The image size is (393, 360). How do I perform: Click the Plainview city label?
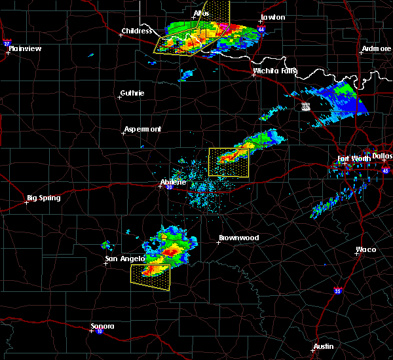pyautogui.click(x=25, y=48)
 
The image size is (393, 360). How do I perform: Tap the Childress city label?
pyautogui.click(x=136, y=31)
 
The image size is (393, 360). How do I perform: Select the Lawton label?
pyautogui.click(x=273, y=17)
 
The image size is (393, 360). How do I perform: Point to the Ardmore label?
pyautogui.click(x=376, y=49)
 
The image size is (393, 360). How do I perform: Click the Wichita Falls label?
pyautogui.click(x=274, y=71)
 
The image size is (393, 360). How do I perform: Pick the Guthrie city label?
pyautogui.click(x=132, y=93)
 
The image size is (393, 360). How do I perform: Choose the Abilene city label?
pyautogui.click(x=174, y=183)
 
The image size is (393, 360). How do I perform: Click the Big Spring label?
pyautogui.click(x=43, y=198)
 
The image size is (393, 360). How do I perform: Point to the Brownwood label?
pyautogui.click(x=238, y=238)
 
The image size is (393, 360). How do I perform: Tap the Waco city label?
pyautogui.click(x=365, y=249)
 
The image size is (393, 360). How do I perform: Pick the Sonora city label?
pyautogui.click(x=102, y=326)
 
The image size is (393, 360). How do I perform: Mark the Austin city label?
pyautogui.click(x=323, y=346)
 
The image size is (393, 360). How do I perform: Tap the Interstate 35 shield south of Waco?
pyautogui.click(x=338, y=290)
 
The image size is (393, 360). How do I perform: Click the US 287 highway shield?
pyautogui.click(x=306, y=106)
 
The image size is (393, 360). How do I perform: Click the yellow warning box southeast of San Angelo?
pyautogui.click(x=151, y=277)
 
